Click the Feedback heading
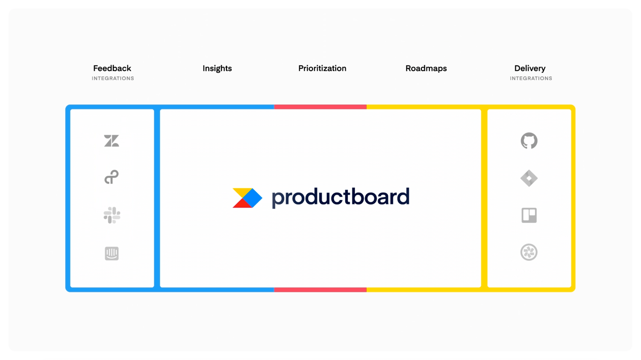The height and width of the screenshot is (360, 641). point(112,68)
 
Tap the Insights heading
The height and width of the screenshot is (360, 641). point(217,68)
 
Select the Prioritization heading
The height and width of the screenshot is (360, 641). point(322,68)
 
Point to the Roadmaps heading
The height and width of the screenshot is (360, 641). point(426,68)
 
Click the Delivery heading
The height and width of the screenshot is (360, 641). point(530,68)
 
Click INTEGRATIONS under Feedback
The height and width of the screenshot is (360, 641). point(113,79)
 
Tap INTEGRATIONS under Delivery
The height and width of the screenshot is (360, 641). point(531,79)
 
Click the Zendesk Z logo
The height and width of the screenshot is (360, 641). point(111,141)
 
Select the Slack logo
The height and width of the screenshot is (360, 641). point(112,215)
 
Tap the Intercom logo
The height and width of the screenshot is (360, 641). point(112,254)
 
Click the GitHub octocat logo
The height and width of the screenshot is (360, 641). point(529,141)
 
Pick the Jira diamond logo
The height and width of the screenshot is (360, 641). point(529,178)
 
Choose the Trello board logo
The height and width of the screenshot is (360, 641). point(529,215)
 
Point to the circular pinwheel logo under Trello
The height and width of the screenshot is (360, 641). point(529,252)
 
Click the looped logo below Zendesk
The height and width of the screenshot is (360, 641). point(111,177)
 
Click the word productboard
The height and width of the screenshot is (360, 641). point(341,198)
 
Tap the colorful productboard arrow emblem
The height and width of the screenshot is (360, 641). point(247,198)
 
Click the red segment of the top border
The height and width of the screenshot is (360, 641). point(320,107)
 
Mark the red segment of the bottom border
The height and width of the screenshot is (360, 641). point(320,290)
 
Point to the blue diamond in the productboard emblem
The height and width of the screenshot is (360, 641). point(253,198)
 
